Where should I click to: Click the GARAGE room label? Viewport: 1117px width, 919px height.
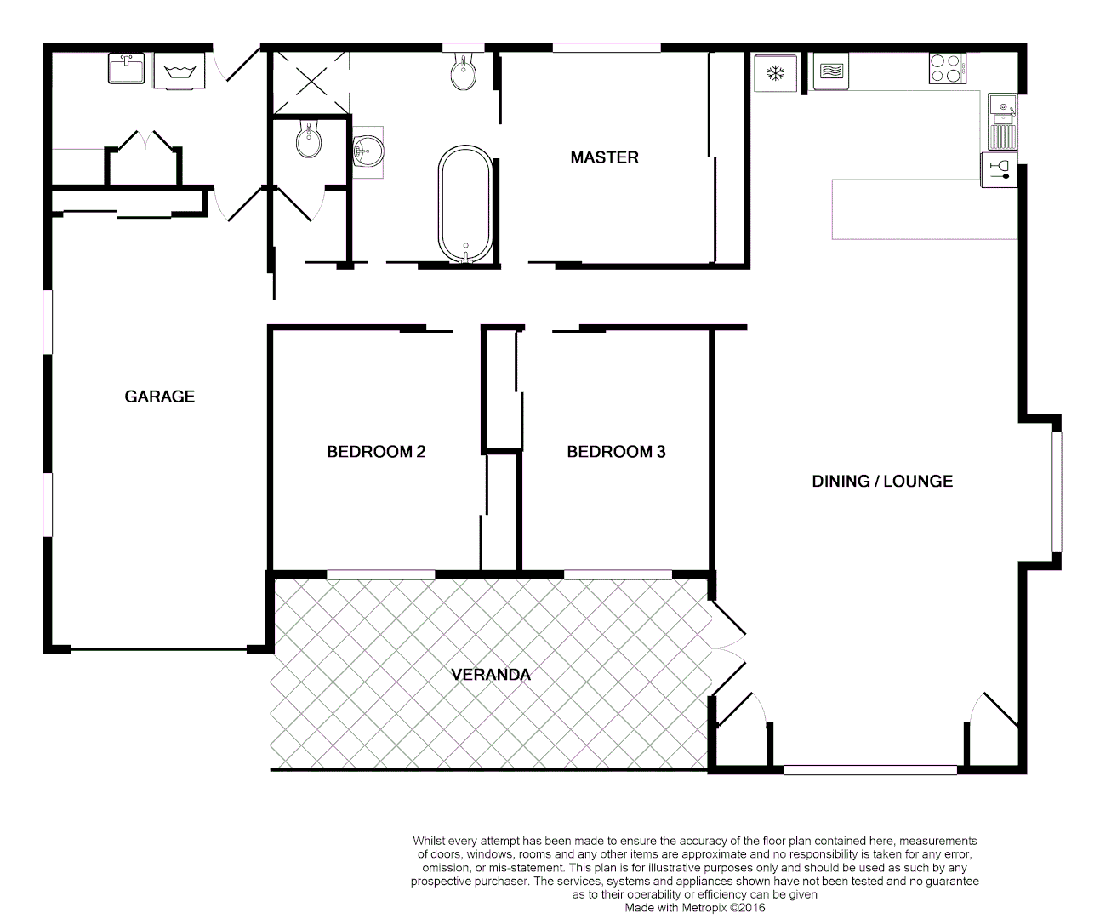160,397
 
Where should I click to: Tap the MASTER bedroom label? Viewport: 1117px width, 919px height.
604,157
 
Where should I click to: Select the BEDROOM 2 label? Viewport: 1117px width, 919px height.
376,452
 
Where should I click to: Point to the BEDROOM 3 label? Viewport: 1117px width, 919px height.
616,452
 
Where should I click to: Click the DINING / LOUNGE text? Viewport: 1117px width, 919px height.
882,482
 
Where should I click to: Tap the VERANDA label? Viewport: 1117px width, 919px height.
491,675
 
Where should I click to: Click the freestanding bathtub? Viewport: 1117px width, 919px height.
464,205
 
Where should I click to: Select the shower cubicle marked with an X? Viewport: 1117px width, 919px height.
310,83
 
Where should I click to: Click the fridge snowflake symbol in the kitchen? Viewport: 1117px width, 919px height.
775,73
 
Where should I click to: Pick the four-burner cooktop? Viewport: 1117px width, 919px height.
947,69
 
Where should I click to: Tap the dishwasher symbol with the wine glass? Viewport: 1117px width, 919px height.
999,169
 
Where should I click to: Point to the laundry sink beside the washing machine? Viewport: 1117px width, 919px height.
126,69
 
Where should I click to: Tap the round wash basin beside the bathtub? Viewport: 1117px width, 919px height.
368,151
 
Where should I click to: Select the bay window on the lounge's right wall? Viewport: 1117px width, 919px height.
1056,492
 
